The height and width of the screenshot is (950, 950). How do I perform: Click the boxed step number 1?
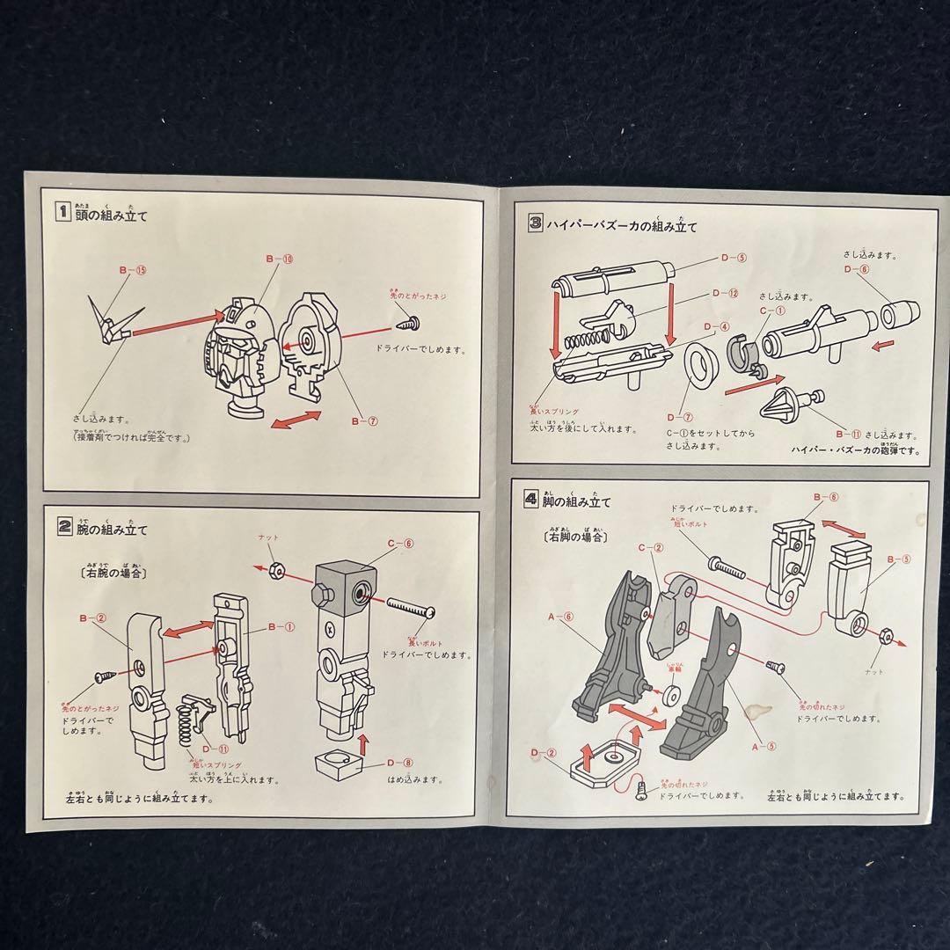coord(62,211)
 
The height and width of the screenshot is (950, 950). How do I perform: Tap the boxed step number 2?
coord(64,528)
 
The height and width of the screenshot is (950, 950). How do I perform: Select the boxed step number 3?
coord(536,223)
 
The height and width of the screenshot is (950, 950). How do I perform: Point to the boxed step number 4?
coord(530,500)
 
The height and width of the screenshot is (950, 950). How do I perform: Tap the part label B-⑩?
coord(280,259)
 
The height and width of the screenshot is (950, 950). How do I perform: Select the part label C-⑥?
coord(400,544)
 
